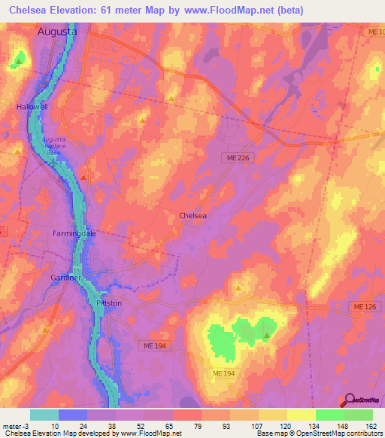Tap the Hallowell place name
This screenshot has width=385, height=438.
[x=32, y=107]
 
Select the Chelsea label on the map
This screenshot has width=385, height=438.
[x=192, y=215]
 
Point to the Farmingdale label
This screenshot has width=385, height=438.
[x=74, y=233]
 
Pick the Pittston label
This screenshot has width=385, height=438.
[x=109, y=303]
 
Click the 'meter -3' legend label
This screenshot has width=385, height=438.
[x=16, y=425]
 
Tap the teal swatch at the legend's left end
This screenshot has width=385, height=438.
[x=44, y=415]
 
